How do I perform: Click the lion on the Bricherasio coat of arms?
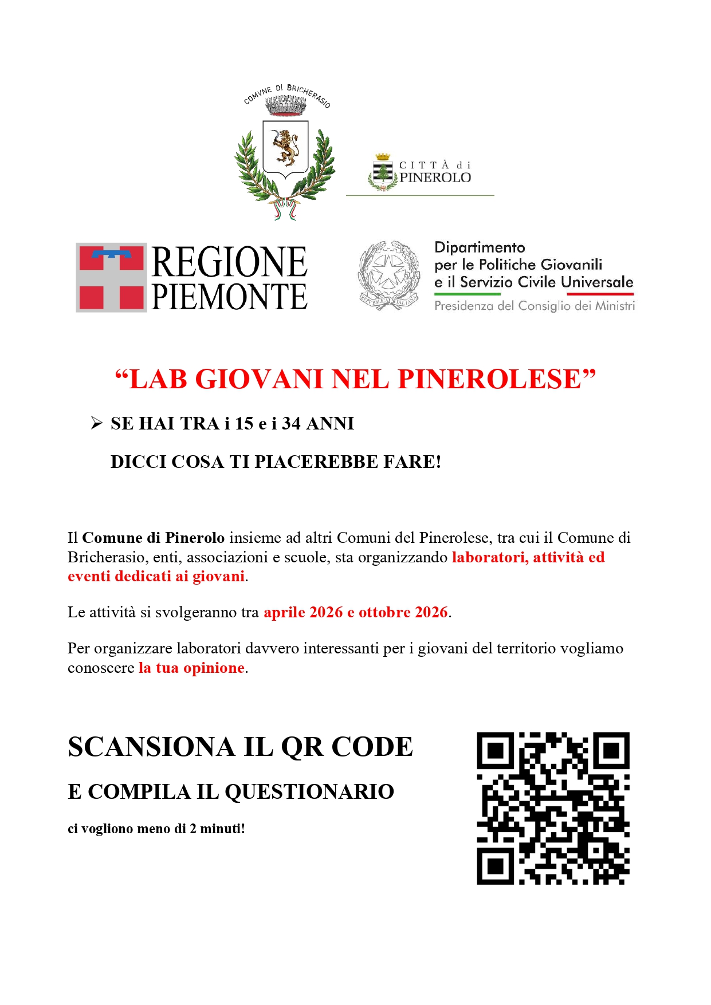(285, 147)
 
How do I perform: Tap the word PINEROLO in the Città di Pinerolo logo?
(435, 178)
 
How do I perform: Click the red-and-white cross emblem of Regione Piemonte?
(111, 277)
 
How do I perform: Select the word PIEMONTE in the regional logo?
(230, 297)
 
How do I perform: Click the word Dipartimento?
(480, 247)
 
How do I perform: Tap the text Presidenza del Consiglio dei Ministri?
(534, 306)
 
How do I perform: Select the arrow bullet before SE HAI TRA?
(96, 423)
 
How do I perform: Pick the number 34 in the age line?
(291, 423)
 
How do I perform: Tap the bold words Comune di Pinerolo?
(153, 538)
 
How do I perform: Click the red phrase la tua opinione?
(191, 668)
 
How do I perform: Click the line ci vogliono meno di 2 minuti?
(156, 829)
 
